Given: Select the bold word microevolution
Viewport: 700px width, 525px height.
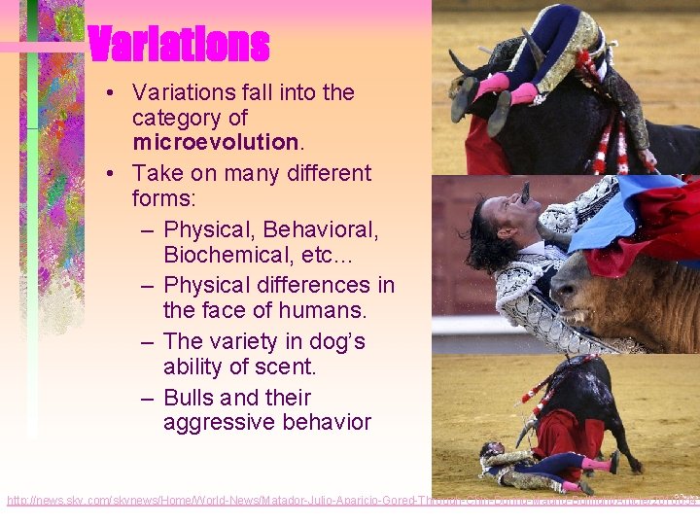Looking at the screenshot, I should [215, 142].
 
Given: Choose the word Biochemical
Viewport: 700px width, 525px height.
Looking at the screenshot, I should [227, 255].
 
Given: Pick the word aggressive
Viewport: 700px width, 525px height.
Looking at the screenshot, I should [220, 423].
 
